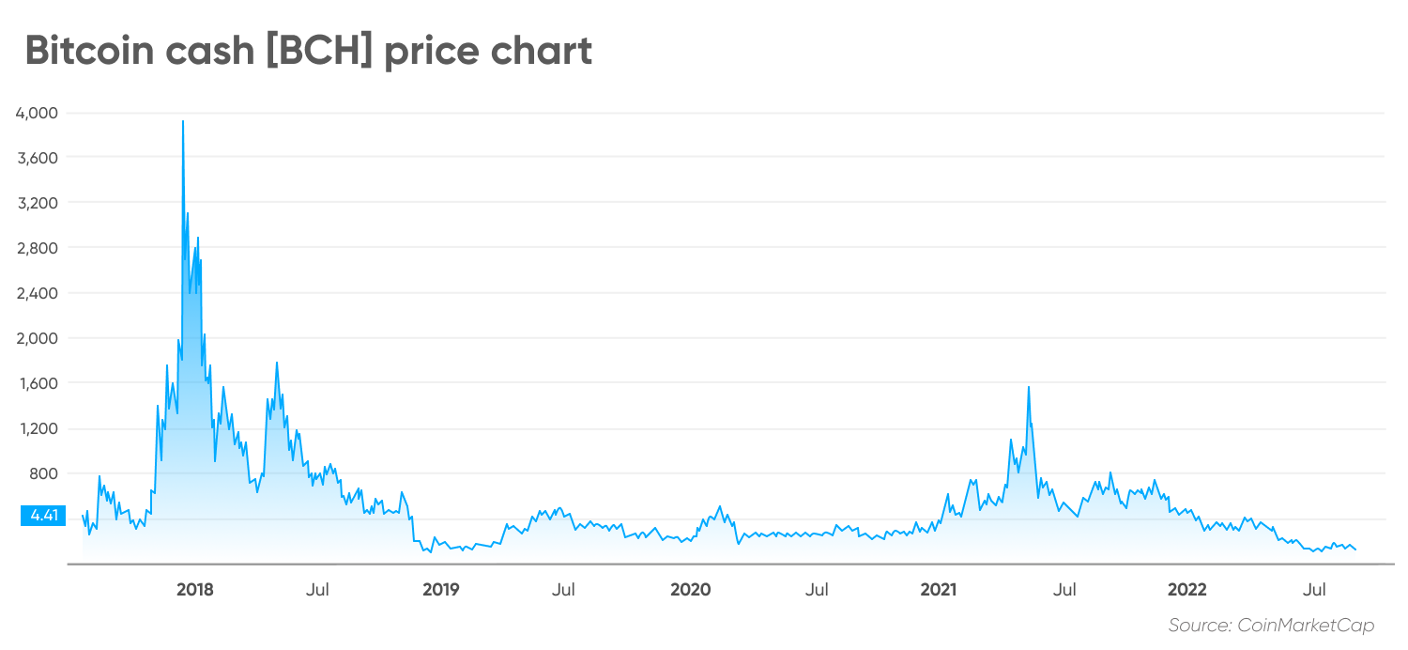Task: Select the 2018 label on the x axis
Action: (x=194, y=590)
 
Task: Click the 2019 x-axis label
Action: (x=441, y=590)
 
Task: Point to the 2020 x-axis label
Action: (x=690, y=590)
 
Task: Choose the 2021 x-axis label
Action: (x=938, y=590)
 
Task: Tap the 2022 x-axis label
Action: (x=1186, y=590)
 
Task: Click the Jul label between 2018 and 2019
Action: (x=317, y=590)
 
